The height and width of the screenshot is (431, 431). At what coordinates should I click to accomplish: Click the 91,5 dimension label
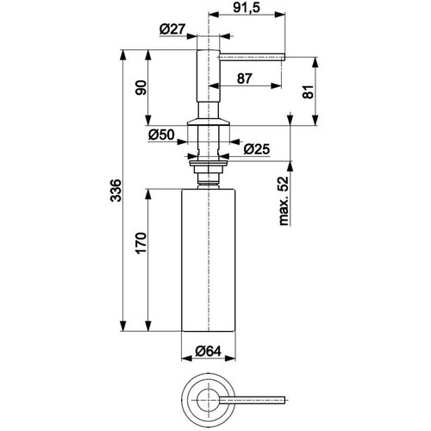point(247,8)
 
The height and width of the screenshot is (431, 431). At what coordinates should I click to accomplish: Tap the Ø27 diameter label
point(172,29)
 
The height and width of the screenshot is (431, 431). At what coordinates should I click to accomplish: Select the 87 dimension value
point(245,78)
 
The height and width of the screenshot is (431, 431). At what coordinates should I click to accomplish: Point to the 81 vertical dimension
point(308,92)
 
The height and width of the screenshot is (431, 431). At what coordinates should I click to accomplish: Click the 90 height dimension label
point(141,88)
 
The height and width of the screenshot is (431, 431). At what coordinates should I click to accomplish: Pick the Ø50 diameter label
point(161,134)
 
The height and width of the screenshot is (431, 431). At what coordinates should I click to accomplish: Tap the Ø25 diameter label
point(257,149)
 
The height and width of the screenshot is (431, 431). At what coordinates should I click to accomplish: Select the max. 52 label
point(284,201)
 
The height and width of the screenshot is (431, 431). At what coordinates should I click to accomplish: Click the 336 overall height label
point(116,191)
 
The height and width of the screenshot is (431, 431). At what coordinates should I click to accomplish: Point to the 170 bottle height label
point(141,243)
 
